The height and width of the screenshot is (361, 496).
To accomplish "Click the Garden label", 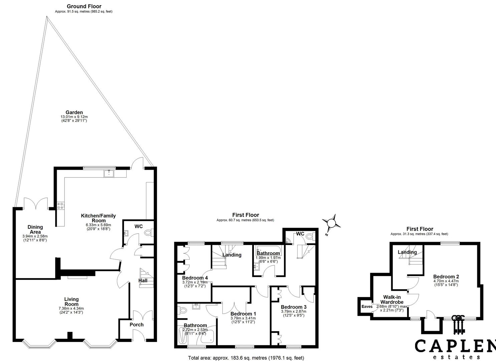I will coord(74,112).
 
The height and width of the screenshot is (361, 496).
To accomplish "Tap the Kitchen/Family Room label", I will coord(98,218).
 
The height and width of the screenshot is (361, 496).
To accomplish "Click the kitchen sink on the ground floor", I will coord(109,173).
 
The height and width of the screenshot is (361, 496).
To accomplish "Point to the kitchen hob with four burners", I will coord(61,206).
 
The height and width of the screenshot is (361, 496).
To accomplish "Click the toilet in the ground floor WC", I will coord(148,233).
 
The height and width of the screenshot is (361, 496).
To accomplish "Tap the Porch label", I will coord(136,325).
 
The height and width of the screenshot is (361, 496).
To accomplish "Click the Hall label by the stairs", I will coord(143,281).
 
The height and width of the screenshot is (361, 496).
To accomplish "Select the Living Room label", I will coord(71,302).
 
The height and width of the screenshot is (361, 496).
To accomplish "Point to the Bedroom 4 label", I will coord(195,278).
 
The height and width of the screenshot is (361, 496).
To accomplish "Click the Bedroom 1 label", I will coord(243,314).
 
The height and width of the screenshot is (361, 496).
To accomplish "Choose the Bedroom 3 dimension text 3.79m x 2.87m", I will coord(294,311).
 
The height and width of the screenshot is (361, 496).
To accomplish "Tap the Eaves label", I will coord(367,307).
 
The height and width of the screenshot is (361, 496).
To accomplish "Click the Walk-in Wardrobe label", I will coord(392,299).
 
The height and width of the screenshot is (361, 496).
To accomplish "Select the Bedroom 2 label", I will coord(446,276).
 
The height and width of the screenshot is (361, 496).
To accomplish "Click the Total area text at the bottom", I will coord(246,358).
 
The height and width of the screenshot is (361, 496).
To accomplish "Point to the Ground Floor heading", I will coord(84,6).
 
